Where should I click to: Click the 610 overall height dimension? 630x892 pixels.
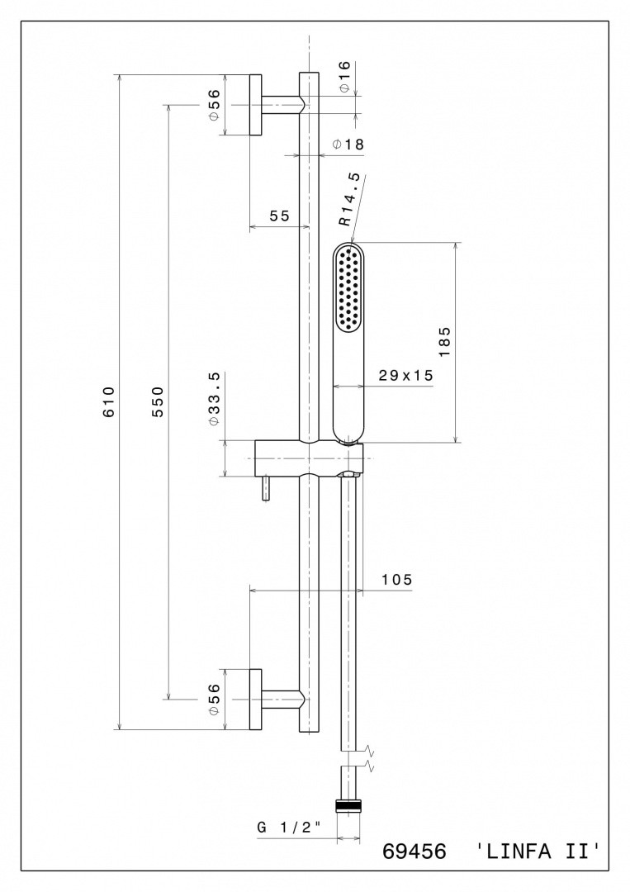(109, 401)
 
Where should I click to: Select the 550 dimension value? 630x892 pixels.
(157, 401)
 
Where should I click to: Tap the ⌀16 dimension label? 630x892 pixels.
(344, 76)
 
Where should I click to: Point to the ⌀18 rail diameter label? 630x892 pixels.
(348, 145)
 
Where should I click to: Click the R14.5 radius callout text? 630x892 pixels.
(349, 200)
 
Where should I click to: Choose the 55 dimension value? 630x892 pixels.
(279, 216)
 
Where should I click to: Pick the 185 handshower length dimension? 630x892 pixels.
(444, 341)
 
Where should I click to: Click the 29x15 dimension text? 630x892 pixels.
(406, 375)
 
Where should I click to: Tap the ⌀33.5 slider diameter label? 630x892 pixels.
(214, 398)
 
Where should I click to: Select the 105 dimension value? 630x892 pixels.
(396, 580)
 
